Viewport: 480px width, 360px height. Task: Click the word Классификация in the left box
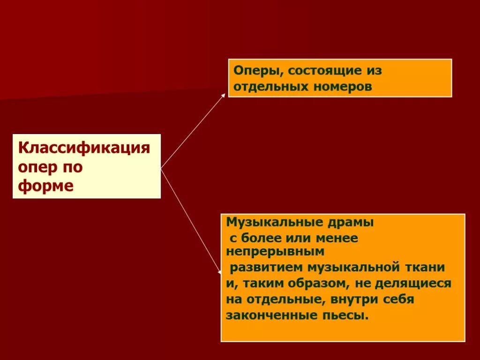pos(84,149)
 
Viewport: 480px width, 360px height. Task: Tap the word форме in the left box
pos(46,186)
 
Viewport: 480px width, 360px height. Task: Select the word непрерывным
pos(275,252)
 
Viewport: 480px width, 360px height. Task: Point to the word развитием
pos(266,268)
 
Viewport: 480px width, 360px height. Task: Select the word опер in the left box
pos(35,167)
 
